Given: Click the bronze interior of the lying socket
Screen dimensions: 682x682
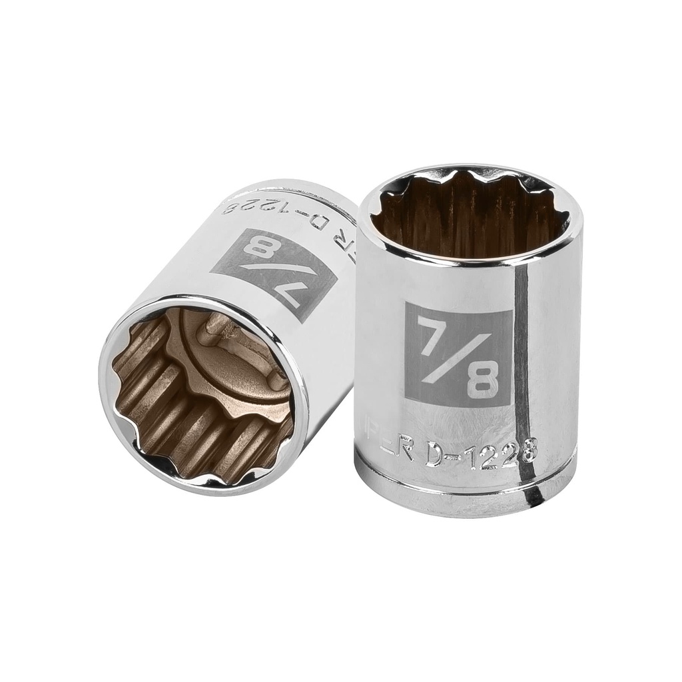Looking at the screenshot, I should pyautogui.click(x=200, y=400).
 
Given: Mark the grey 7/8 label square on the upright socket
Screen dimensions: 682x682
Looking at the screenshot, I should pyautogui.click(x=458, y=354).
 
